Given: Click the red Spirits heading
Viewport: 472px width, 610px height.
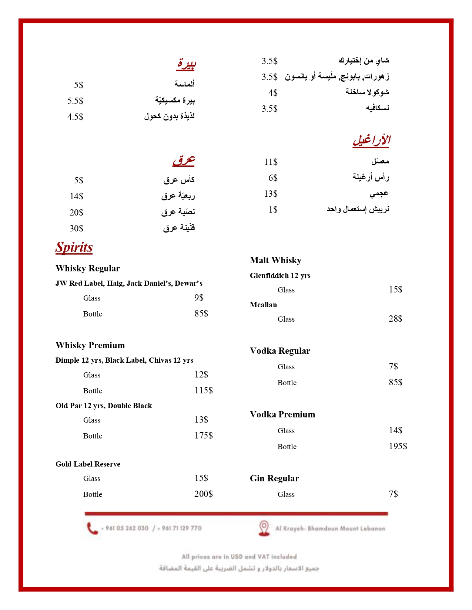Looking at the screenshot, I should pyautogui.click(x=74, y=247).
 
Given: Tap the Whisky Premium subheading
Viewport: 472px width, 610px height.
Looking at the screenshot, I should pyautogui.click(x=90, y=345).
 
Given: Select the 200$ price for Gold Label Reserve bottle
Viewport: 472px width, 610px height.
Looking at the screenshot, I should pyautogui.click(x=203, y=494).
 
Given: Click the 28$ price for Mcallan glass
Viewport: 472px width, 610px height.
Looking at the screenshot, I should pyautogui.click(x=395, y=319).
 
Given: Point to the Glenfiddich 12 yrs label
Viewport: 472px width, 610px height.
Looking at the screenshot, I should pyautogui.click(x=280, y=275).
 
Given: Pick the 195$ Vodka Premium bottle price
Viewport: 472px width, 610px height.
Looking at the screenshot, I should pyautogui.click(x=398, y=446).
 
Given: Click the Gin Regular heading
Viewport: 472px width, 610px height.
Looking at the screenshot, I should pyautogui.click(x=274, y=478).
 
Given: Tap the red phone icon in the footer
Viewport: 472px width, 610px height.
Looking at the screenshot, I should pyautogui.click(x=92, y=528).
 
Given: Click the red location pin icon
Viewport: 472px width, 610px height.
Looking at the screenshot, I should pyautogui.click(x=264, y=528).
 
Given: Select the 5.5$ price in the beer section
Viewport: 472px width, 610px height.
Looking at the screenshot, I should pyautogui.click(x=75, y=101).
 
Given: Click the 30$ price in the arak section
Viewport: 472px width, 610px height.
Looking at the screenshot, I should pyautogui.click(x=76, y=228).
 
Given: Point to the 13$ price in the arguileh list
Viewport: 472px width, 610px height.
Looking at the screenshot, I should pyautogui.click(x=271, y=194).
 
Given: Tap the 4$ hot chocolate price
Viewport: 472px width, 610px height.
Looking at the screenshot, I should pyautogui.click(x=273, y=93).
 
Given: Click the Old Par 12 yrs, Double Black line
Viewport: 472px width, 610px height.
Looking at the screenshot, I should pyautogui.click(x=104, y=406).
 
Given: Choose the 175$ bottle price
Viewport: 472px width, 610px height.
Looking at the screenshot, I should pyautogui.click(x=203, y=436).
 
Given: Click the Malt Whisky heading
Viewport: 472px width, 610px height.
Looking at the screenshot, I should pyautogui.click(x=275, y=260).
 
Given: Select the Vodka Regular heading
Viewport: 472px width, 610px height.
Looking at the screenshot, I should pyautogui.click(x=280, y=351).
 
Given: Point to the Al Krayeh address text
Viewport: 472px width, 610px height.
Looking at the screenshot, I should pyautogui.click(x=330, y=529).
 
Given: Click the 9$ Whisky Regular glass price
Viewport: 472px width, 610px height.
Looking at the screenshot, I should pyautogui.click(x=199, y=298).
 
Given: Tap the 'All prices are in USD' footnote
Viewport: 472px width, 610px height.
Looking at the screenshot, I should pyautogui.click(x=239, y=556).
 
